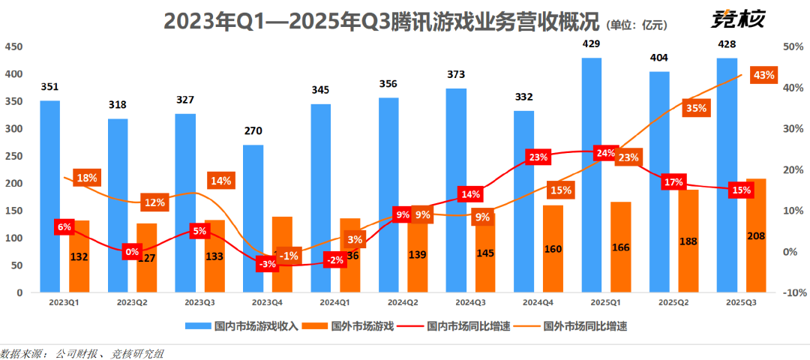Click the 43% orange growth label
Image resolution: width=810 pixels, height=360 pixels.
point(763,75)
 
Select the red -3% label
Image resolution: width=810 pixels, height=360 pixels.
point(266,263)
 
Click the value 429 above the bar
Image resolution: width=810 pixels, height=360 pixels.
point(591,44)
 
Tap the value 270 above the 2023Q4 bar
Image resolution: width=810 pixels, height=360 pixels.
point(253,130)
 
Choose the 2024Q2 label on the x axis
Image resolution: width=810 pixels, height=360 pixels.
point(403,302)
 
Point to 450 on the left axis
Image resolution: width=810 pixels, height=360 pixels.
point(13,46)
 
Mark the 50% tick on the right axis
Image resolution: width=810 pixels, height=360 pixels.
point(793,46)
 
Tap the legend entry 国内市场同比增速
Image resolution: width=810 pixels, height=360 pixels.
point(457,326)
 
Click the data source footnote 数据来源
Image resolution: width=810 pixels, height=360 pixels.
point(82,352)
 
